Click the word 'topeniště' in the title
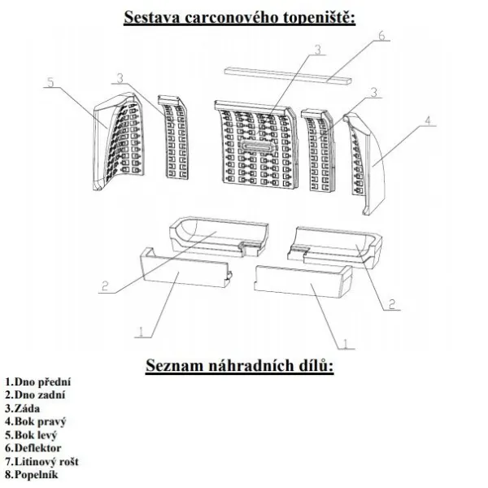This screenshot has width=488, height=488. click(x=320, y=18)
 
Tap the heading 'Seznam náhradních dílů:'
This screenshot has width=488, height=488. click(x=240, y=365)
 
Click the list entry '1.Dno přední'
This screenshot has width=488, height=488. click(x=38, y=381)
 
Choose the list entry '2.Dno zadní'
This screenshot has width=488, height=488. click(x=35, y=395)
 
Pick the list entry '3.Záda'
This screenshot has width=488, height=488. click(x=23, y=408)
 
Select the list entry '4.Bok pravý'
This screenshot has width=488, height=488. click(x=36, y=422)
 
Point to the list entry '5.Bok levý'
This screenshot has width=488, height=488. click(x=31, y=435)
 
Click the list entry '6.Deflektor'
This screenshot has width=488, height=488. click(x=33, y=448)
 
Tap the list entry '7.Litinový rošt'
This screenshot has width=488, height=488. click(x=41, y=461)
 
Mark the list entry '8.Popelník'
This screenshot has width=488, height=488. click(x=32, y=475)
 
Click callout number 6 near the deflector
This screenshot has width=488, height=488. click(x=381, y=36)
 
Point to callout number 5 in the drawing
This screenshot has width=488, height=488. click(x=50, y=82)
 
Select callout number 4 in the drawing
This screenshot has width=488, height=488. click(x=429, y=120)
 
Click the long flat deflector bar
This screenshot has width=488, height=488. click(x=288, y=76)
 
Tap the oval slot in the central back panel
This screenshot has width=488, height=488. click(x=258, y=146)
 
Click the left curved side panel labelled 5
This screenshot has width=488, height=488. click(x=118, y=141)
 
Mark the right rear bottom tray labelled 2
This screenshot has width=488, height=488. click(x=335, y=248)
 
